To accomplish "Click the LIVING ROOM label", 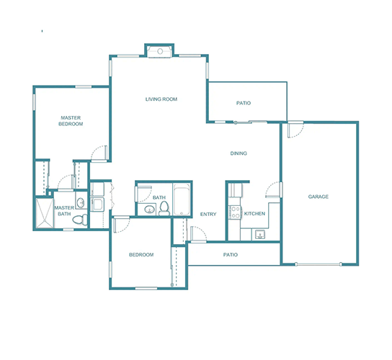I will pos(161,99).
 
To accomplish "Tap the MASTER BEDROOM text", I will pos(71,120).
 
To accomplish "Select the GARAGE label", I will pos(318,197).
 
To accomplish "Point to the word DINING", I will pos(239,153).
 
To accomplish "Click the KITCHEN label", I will pos(254,214).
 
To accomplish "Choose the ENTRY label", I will pos(208,214).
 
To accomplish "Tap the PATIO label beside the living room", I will pos(244,103).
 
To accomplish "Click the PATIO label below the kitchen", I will pos(231,255).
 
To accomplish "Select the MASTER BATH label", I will pos(64,210).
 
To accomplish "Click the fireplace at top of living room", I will pos(160,50).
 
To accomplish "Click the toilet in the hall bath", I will pos(164,209).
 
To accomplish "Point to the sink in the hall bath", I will pos(148,210).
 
